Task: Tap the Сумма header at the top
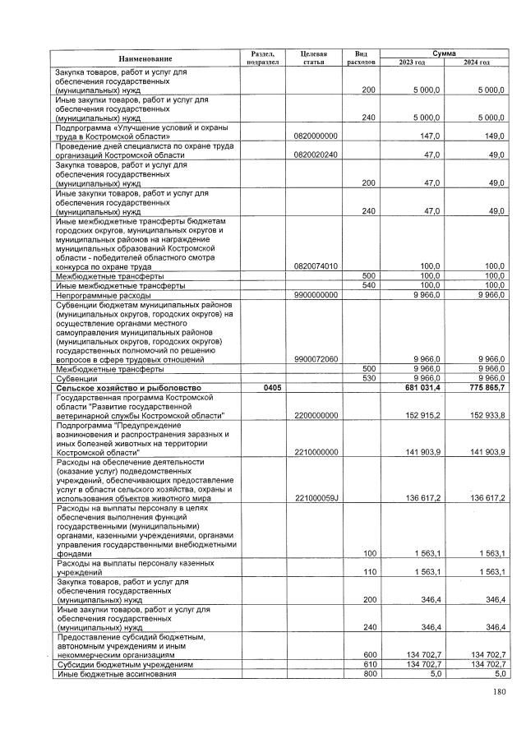444,52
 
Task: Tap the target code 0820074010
316,265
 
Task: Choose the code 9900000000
316,294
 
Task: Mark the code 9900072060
316,359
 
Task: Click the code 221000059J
316,498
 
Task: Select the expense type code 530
368,378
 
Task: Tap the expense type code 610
368,664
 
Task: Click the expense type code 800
368,674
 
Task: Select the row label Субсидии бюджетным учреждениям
124,664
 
